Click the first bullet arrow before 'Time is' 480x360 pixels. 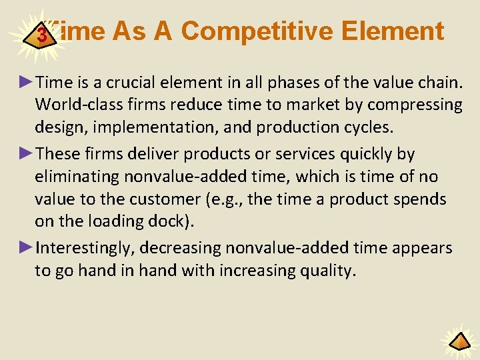pos(26,82)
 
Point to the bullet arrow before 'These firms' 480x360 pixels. pos(26,153)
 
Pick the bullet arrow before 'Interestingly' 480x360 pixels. pos(26,247)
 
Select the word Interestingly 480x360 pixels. pos(86,248)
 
